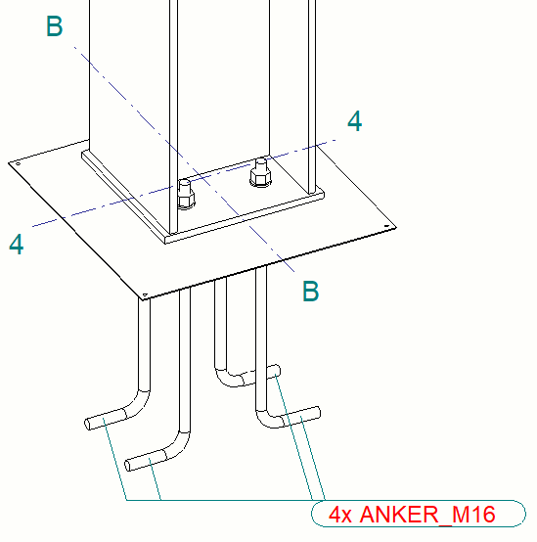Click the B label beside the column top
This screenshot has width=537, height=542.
point(54,26)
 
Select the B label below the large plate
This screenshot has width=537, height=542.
point(310,291)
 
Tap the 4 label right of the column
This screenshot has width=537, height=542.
point(355,121)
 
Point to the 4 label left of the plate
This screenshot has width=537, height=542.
point(17,244)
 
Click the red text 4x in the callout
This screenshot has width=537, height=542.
point(340,515)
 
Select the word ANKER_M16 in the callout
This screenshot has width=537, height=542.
point(427,515)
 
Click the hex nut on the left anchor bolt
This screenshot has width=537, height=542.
point(186,201)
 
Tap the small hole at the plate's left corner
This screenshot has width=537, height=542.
point(18,163)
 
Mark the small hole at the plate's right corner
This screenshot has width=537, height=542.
point(386,226)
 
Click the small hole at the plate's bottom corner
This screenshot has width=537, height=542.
point(145,294)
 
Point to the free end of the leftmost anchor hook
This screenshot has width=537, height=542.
point(88,425)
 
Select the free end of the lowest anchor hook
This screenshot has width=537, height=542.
point(127,466)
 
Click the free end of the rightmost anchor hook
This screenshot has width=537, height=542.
point(318,413)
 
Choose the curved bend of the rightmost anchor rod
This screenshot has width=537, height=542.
point(268,420)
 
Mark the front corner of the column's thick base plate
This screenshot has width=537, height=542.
point(166,240)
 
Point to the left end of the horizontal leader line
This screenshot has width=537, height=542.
point(126,500)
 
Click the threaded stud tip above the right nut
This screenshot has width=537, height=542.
point(260,160)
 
